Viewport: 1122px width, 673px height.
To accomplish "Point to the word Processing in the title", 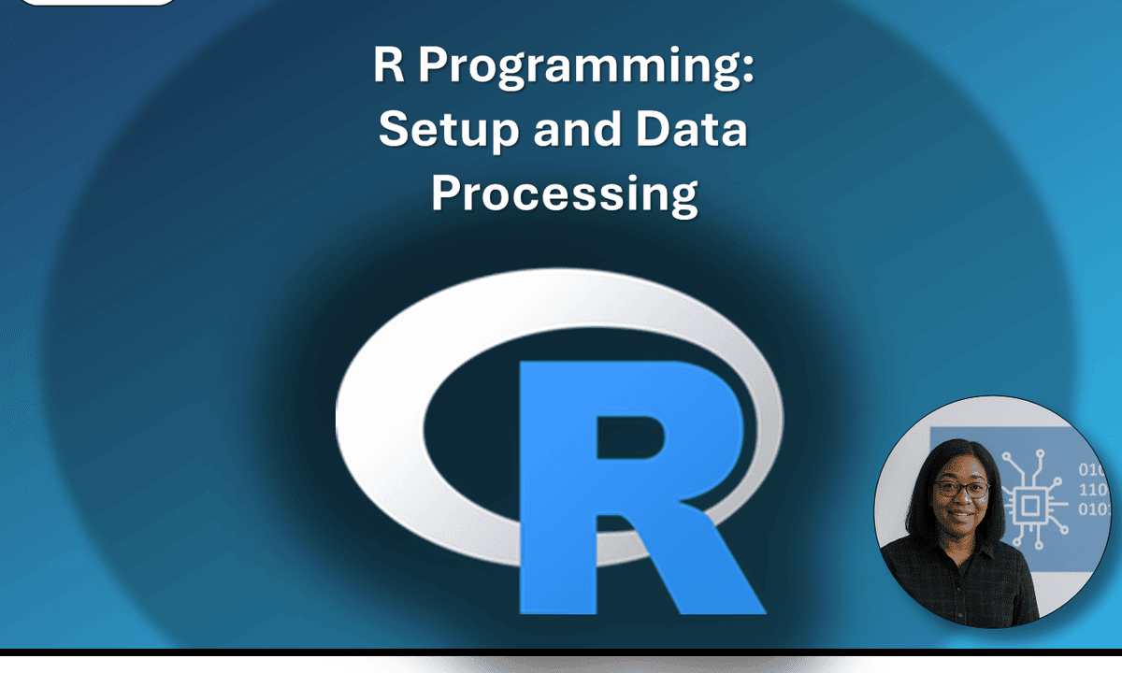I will tap(565, 194).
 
